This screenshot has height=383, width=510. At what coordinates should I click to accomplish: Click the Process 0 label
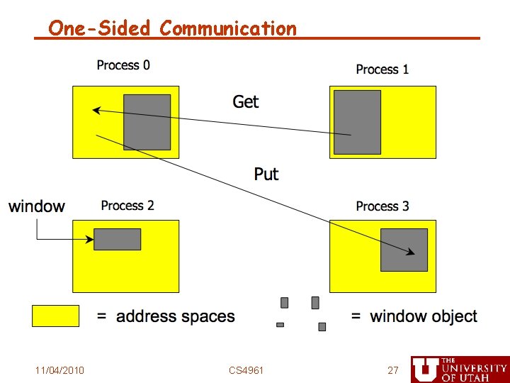coord(123,65)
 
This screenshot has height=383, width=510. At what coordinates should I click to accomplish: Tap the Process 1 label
coord(382,70)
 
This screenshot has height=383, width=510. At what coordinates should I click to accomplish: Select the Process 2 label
coord(127,206)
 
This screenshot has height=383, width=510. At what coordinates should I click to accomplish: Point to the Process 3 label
coord(382,206)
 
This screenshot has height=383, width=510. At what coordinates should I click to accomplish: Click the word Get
coord(246,102)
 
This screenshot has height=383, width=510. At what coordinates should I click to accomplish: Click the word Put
coord(266,174)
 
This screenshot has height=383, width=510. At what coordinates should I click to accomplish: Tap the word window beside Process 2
coord(37,206)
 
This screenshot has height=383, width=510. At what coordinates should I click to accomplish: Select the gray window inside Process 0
coord(147,122)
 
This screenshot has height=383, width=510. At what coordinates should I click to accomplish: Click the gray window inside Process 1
coord(357,122)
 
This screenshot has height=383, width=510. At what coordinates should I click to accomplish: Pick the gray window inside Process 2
coord(118,239)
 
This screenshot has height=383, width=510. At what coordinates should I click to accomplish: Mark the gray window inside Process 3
coord(404,250)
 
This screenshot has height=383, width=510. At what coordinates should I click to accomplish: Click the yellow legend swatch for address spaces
coord(55,316)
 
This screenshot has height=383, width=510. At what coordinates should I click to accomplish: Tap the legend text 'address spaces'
coord(175,316)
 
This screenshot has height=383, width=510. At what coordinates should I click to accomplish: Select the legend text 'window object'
coord(423,316)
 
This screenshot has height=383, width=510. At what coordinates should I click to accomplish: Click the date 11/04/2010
coord(60,370)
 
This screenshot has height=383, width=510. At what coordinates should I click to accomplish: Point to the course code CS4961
coord(246,370)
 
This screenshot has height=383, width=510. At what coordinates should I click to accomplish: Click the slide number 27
coord(392,370)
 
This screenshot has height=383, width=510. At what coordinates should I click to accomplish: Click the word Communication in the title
coord(228,28)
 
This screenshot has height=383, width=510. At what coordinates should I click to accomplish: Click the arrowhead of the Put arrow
coord(412,252)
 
